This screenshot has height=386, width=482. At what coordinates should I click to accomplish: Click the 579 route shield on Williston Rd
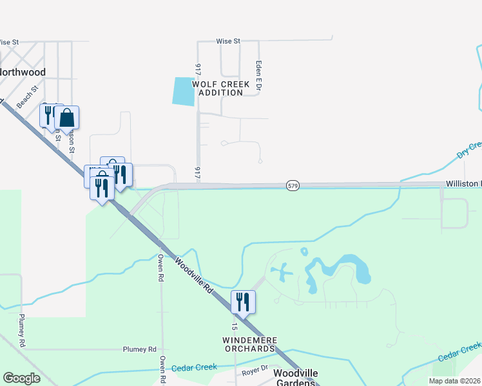pos(293,186)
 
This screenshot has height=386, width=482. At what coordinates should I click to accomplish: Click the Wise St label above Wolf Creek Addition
pos(228,41)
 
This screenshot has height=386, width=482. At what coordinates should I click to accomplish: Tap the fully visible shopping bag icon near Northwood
pos(66,118)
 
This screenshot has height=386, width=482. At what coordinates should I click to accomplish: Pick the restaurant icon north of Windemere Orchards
pos(243,301)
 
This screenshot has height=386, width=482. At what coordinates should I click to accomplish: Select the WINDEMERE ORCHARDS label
pos(249,344)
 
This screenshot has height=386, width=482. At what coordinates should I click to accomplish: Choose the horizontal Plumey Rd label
pos(140,349)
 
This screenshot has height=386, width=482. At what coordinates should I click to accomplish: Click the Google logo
pos(21,378)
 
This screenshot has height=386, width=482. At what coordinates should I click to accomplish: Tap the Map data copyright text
pos(455,381)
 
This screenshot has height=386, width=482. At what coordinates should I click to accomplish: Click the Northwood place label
pos(23,72)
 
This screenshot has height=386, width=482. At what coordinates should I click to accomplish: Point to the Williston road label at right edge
pos(463,184)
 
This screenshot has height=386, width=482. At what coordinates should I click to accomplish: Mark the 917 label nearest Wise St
pos(198,69)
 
